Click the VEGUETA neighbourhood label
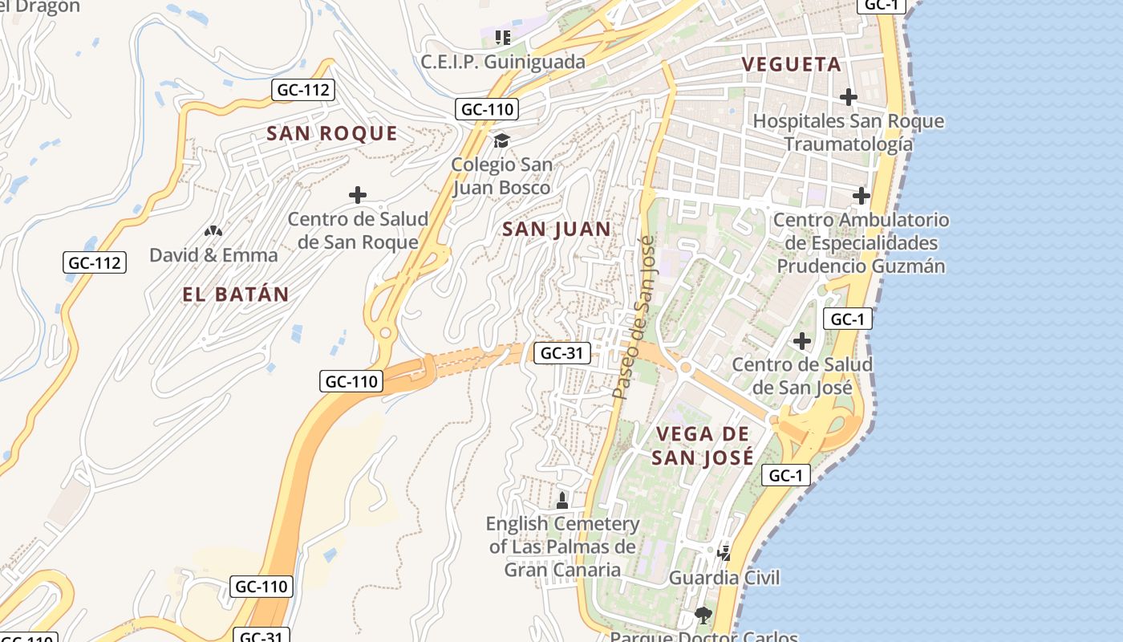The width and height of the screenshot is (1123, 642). coord(791,64)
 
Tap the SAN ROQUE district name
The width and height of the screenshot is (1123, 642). coord(332,133)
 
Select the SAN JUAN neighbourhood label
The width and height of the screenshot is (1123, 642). coord(557,230)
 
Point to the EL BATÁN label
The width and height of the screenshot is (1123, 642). coord(236,295)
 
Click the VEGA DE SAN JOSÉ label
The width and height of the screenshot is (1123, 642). coord(703,445)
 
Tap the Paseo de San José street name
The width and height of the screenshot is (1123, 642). coord(634,317)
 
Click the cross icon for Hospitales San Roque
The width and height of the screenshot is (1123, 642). coord(848,98)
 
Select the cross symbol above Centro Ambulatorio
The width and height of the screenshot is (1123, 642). coord(861,196)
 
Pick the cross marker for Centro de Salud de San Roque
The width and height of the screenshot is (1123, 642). coord(358,195)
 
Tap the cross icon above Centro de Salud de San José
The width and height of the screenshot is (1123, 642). coord(801,341)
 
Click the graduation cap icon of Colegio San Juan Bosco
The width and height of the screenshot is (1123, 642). coord(501,141)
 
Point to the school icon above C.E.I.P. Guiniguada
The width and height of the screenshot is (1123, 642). coord(503,37)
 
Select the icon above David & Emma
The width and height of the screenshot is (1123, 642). coord(213,231)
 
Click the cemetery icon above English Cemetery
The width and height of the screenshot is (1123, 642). coord(562,501)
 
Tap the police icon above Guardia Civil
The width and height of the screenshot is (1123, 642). coord(724,552)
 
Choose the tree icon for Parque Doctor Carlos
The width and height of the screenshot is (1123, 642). coord(703,616)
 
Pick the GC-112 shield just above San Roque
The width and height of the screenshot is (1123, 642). coord(303,90)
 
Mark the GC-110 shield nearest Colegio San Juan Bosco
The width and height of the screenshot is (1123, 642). coord(487,109)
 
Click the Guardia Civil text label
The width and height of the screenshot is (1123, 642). coord(724,578)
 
